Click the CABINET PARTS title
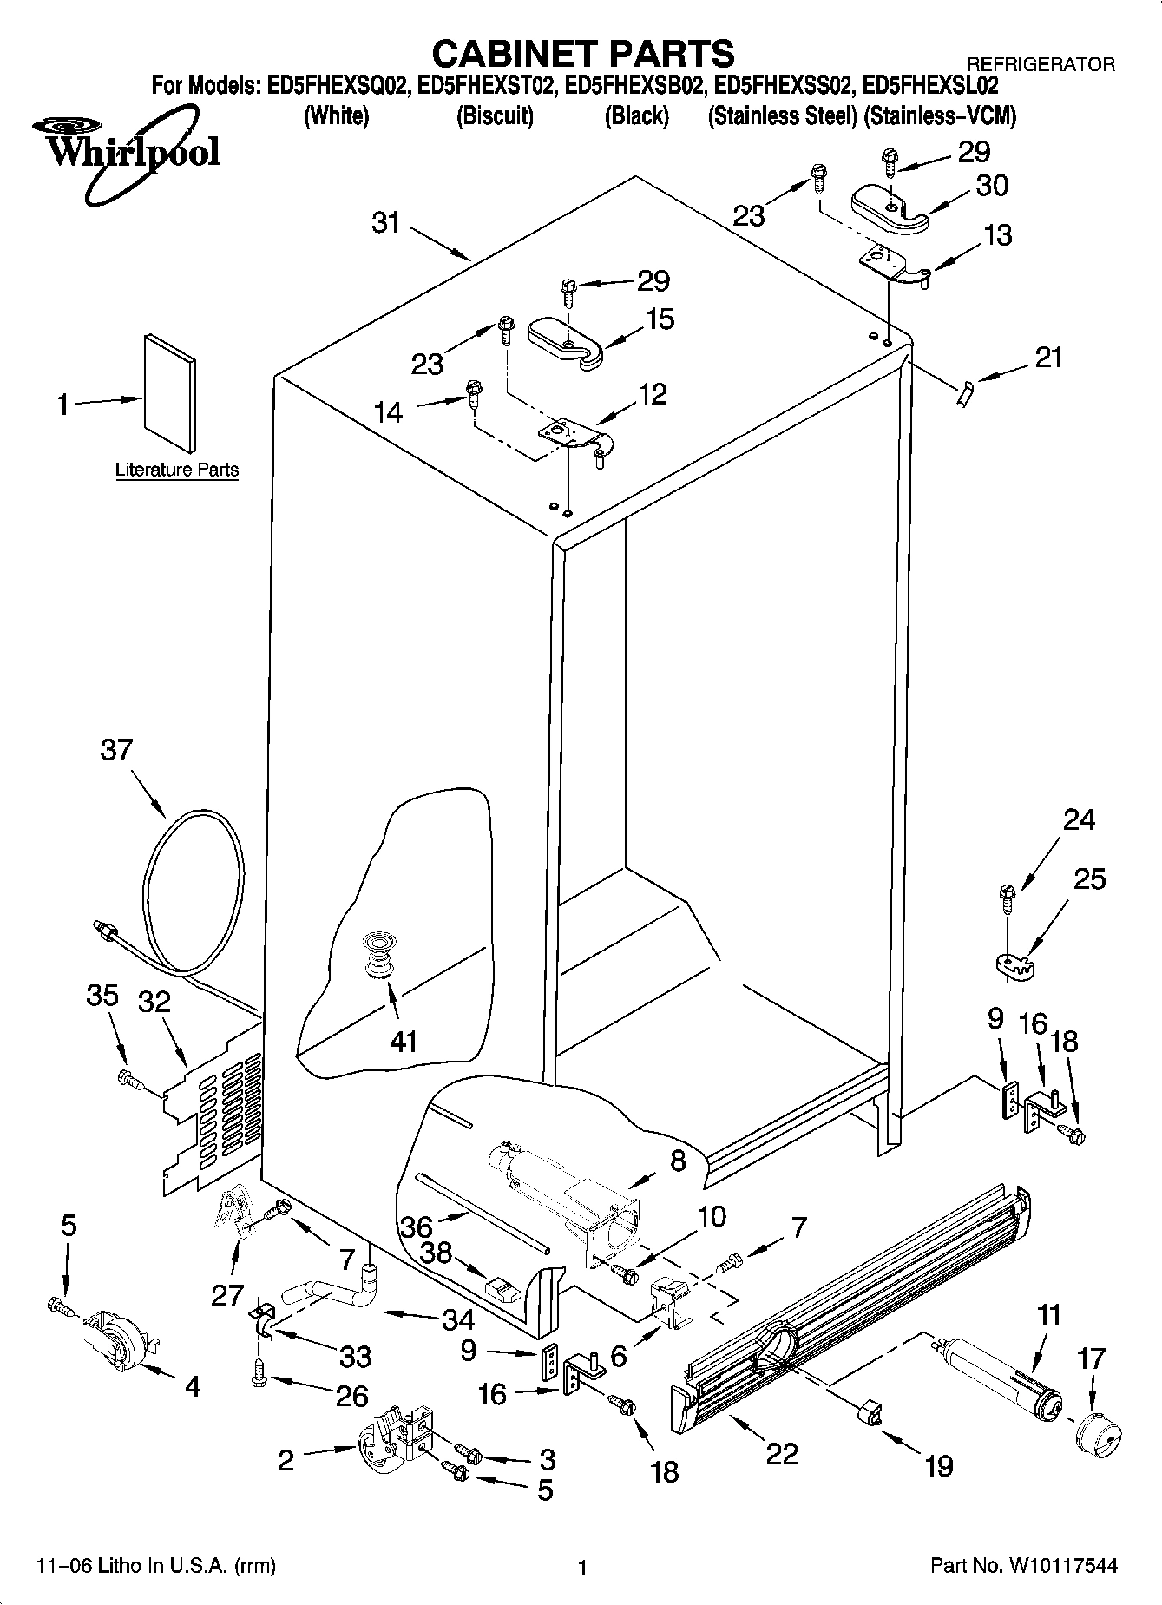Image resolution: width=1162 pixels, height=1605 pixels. (582, 54)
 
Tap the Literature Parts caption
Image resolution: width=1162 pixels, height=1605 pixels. (177, 470)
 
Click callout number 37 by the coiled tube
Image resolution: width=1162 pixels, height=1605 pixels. (116, 749)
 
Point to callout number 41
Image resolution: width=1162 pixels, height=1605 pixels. (404, 1040)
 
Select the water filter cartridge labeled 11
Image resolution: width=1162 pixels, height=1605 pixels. (999, 1381)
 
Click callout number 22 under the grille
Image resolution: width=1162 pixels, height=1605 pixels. (782, 1453)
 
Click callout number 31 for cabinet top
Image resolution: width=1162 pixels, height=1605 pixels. (385, 223)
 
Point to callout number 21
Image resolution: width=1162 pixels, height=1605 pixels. (1048, 357)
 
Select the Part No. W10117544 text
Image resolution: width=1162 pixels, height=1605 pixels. (1023, 1567)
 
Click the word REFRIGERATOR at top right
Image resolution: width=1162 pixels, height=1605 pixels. (1041, 64)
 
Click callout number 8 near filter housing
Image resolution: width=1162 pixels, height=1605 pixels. (678, 1160)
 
